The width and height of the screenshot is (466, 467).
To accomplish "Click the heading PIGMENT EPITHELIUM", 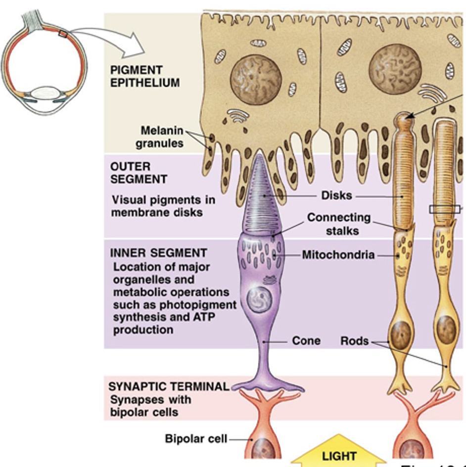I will pyautogui.click(x=144, y=76).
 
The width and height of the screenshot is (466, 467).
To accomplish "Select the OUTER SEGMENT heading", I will pyautogui.click(x=139, y=173).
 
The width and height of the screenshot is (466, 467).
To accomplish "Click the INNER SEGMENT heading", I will pyautogui.click(x=151, y=253).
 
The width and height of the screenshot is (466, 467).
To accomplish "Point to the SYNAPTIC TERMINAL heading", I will pyautogui.click(x=168, y=386).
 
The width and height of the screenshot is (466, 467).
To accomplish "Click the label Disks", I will pyautogui.click(x=336, y=195).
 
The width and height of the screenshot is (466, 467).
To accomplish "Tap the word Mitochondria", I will pyautogui.click(x=338, y=255).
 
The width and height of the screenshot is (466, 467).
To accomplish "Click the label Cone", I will pyautogui.click(x=306, y=341).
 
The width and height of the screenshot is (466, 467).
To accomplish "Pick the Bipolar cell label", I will pyautogui.click(x=196, y=438).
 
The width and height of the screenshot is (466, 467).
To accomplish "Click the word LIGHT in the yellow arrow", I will pyautogui.click(x=339, y=455).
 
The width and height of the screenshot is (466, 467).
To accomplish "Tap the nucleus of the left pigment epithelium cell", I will pyautogui.click(x=256, y=79).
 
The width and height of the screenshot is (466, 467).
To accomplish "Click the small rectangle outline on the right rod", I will pyautogui.click(x=444, y=209).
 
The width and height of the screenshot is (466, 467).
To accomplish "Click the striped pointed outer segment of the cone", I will pyautogui.click(x=266, y=198).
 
